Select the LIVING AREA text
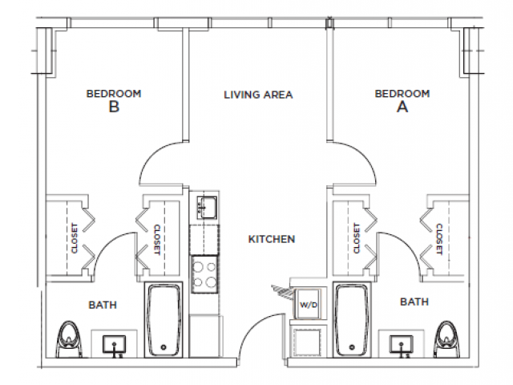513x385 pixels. [x=258, y=95]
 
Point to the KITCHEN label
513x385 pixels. [x=272, y=239]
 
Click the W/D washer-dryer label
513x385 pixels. [x=309, y=305]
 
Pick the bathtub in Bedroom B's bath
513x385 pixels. [x=165, y=318]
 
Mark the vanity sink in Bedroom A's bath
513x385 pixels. [x=400, y=344]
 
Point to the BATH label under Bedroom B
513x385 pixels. [x=103, y=305]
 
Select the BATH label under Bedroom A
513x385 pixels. [x=413, y=302]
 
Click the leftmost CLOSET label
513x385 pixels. [x=74, y=238]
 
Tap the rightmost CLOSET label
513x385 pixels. [x=440, y=238]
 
